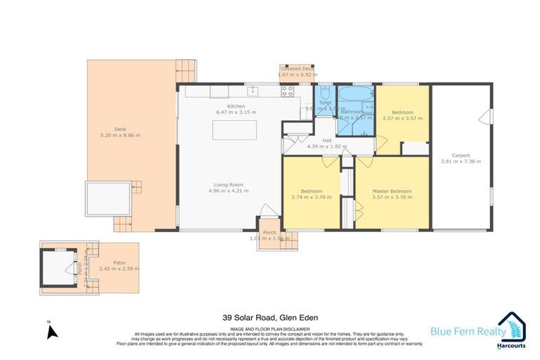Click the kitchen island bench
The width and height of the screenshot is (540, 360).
click(236, 130)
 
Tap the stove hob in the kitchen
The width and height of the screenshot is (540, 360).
click(288, 90)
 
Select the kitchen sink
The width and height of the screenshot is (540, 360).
click(252, 89)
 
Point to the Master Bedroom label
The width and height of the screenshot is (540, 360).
click(392, 191)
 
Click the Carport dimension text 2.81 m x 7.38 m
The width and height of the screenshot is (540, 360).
click(461, 162)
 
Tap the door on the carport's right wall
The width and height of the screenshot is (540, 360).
click(483, 117)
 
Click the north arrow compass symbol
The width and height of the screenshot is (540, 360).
click(50, 332)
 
